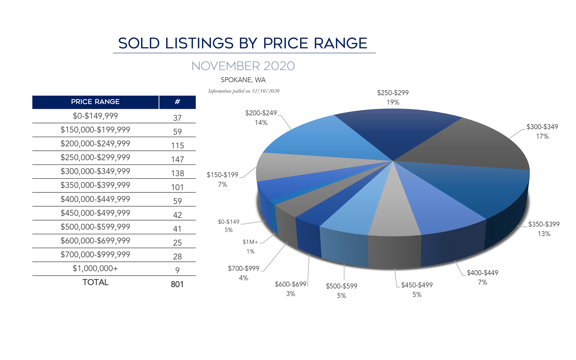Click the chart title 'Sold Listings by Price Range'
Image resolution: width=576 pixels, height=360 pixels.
(x=243, y=43)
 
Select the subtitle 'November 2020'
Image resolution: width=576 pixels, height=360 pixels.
(x=243, y=66)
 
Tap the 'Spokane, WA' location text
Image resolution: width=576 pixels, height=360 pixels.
(x=243, y=80)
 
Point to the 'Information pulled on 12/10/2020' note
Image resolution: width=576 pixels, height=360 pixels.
(x=244, y=91)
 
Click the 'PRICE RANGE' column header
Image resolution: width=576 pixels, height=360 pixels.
(x=95, y=102)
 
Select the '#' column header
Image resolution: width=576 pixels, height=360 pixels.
(x=177, y=102)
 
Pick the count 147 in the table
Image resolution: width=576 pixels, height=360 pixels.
(x=177, y=159)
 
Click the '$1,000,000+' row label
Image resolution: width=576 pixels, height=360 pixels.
(x=95, y=268)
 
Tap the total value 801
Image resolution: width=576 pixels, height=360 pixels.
(x=177, y=284)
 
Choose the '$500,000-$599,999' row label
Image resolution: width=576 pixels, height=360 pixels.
(x=95, y=227)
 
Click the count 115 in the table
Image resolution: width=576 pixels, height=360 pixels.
(x=177, y=145)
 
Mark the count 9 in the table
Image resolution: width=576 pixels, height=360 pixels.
(x=177, y=270)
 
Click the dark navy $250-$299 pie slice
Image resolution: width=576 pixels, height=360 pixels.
(x=395, y=130)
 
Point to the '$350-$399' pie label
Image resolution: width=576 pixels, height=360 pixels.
(x=544, y=224)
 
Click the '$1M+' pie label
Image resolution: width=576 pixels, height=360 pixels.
(x=250, y=242)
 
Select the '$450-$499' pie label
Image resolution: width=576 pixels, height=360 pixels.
(x=417, y=285)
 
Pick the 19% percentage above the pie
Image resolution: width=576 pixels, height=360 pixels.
(x=393, y=102)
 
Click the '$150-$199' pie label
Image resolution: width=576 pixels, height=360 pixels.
(x=222, y=175)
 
